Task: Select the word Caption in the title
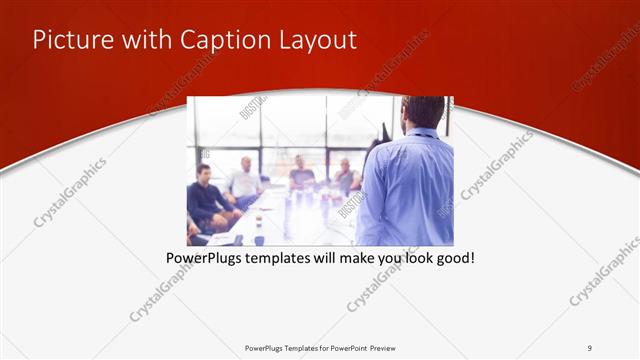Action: point(222,40)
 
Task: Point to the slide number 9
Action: point(590,348)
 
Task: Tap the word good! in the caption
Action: point(454,258)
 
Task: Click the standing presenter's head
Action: point(423,111)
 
